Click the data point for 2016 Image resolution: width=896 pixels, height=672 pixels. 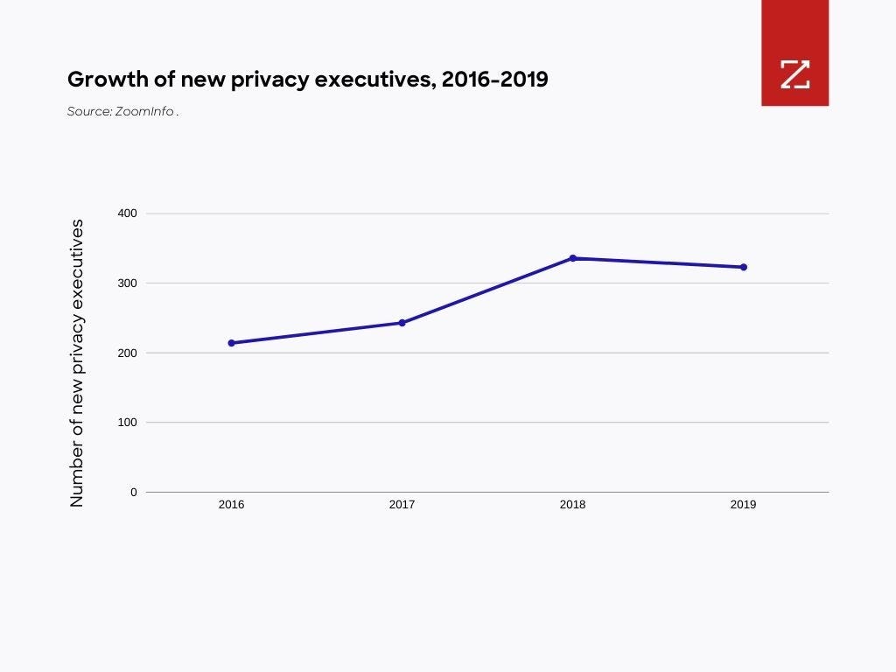pos(231,343)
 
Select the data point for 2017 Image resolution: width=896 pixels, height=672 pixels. pos(402,323)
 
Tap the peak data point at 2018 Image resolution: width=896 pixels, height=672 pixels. pos(573,258)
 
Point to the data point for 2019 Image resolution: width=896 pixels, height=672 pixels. pos(744,267)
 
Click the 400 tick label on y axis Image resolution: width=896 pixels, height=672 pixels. pos(128,213)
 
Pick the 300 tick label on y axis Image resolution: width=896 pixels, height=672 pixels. pos(128,283)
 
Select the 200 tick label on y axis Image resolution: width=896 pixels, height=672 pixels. pos(128,353)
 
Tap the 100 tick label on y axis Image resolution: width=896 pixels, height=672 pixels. pos(128,422)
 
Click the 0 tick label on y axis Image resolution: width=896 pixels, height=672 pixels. pos(134,492)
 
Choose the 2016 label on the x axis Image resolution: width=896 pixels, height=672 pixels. pos(231,505)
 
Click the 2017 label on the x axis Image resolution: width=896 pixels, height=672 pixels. pos(402,505)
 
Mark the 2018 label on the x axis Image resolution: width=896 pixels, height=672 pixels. pos(573,505)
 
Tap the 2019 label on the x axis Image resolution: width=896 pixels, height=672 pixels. pos(744,505)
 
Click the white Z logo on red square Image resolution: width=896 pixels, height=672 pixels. pos(794,74)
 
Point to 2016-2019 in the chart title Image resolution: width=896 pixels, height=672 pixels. pos(494,80)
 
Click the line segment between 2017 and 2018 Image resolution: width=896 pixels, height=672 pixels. pos(487,290)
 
